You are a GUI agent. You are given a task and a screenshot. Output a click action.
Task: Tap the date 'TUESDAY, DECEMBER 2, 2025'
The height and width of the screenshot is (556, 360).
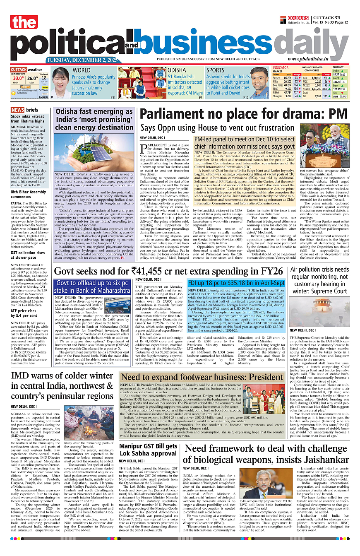click(82, 60)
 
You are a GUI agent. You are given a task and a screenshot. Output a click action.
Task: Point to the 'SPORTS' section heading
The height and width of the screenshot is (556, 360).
click(215, 70)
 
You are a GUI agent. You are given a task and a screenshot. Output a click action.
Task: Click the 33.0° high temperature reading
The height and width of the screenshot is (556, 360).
click(18, 78)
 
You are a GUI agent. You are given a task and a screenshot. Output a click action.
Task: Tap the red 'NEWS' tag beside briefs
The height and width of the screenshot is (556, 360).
click(17, 110)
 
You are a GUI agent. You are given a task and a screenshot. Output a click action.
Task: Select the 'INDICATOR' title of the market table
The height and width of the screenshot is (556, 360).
click(281, 67)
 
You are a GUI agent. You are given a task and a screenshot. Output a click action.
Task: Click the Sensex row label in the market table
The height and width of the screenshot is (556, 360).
click(276, 78)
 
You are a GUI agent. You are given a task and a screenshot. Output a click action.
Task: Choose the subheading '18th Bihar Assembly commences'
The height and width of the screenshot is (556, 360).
click(28, 194)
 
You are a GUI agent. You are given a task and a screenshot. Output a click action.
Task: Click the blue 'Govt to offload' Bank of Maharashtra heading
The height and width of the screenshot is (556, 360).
click(94, 287)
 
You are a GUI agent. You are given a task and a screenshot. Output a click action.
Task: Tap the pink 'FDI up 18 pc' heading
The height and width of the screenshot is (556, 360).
click(236, 283)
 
